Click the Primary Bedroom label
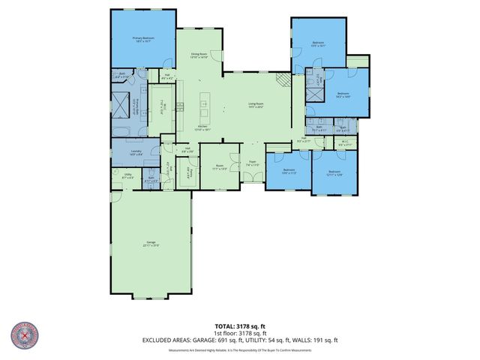143,39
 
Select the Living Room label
256,106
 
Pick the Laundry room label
136,152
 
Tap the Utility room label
118,176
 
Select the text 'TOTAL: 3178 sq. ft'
239,326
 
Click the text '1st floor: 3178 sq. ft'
239,333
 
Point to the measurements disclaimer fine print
239,350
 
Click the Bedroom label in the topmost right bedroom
318,44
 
